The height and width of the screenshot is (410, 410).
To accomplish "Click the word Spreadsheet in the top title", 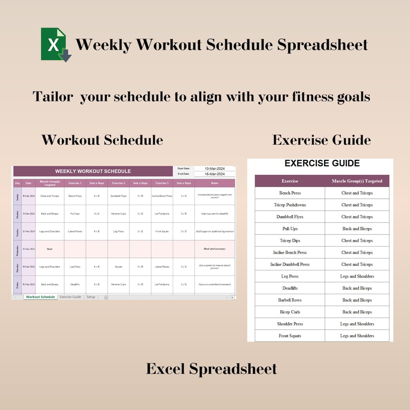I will [x=322, y=45].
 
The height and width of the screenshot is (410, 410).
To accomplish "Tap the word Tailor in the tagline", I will [x=53, y=96].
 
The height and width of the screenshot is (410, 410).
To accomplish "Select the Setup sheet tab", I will [x=91, y=297].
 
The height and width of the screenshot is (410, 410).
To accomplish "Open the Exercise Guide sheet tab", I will [x=70, y=297].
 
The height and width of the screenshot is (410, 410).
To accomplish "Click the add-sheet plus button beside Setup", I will [x=106, y=297].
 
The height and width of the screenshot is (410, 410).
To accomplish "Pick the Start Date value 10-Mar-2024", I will [x=214, y=169].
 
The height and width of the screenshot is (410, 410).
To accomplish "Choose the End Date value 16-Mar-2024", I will [x=214, y=174].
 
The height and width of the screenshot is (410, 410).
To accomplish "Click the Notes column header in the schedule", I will [x=214, y=183].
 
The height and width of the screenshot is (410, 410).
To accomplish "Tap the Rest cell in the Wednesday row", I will [x=50, y=249].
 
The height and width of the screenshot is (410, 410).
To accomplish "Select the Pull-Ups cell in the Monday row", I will [x=75, y=214].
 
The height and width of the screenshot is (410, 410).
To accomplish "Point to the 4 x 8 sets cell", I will [x=96, y=214].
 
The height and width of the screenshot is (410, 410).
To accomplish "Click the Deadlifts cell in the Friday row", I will [x=75, y=284].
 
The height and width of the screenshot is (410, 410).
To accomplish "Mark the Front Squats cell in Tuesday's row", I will [x=162, y=232].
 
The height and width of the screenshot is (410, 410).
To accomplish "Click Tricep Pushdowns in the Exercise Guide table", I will [x=290, y=205].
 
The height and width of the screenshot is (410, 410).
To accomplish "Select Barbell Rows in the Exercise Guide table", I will [x=290, y=300].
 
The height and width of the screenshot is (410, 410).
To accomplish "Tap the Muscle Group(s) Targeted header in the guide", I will [x=357, y=181].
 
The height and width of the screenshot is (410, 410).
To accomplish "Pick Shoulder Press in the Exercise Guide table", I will [x=290, y=324].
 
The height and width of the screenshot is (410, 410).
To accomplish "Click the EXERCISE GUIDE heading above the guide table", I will [x=322, y=163].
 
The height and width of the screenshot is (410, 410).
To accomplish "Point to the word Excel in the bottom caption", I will [x=166, y=369].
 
